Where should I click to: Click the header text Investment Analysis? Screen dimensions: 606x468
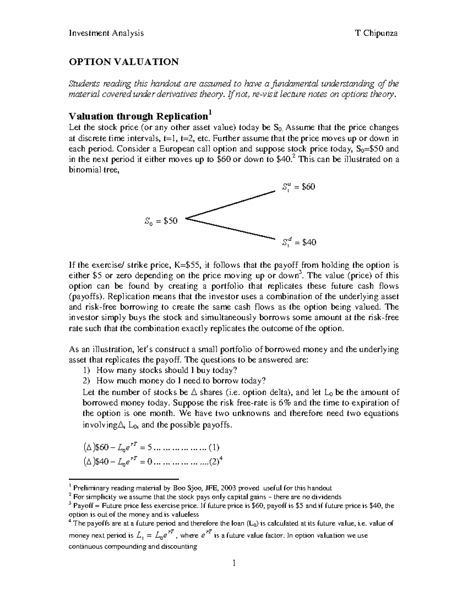coord(106,33)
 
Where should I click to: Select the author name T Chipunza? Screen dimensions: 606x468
coord(376,33)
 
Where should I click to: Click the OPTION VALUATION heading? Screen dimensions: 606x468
coord(124,62)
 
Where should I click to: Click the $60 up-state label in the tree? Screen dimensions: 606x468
coord(298,187)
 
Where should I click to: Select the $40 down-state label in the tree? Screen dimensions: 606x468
coord(299,242)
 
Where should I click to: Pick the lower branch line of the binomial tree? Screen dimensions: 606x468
coord(230,228)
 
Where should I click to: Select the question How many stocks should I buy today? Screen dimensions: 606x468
coord(167,370)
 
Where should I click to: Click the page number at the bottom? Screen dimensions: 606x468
coord(234,563)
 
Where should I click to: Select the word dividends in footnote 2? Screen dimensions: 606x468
coord(327,497)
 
